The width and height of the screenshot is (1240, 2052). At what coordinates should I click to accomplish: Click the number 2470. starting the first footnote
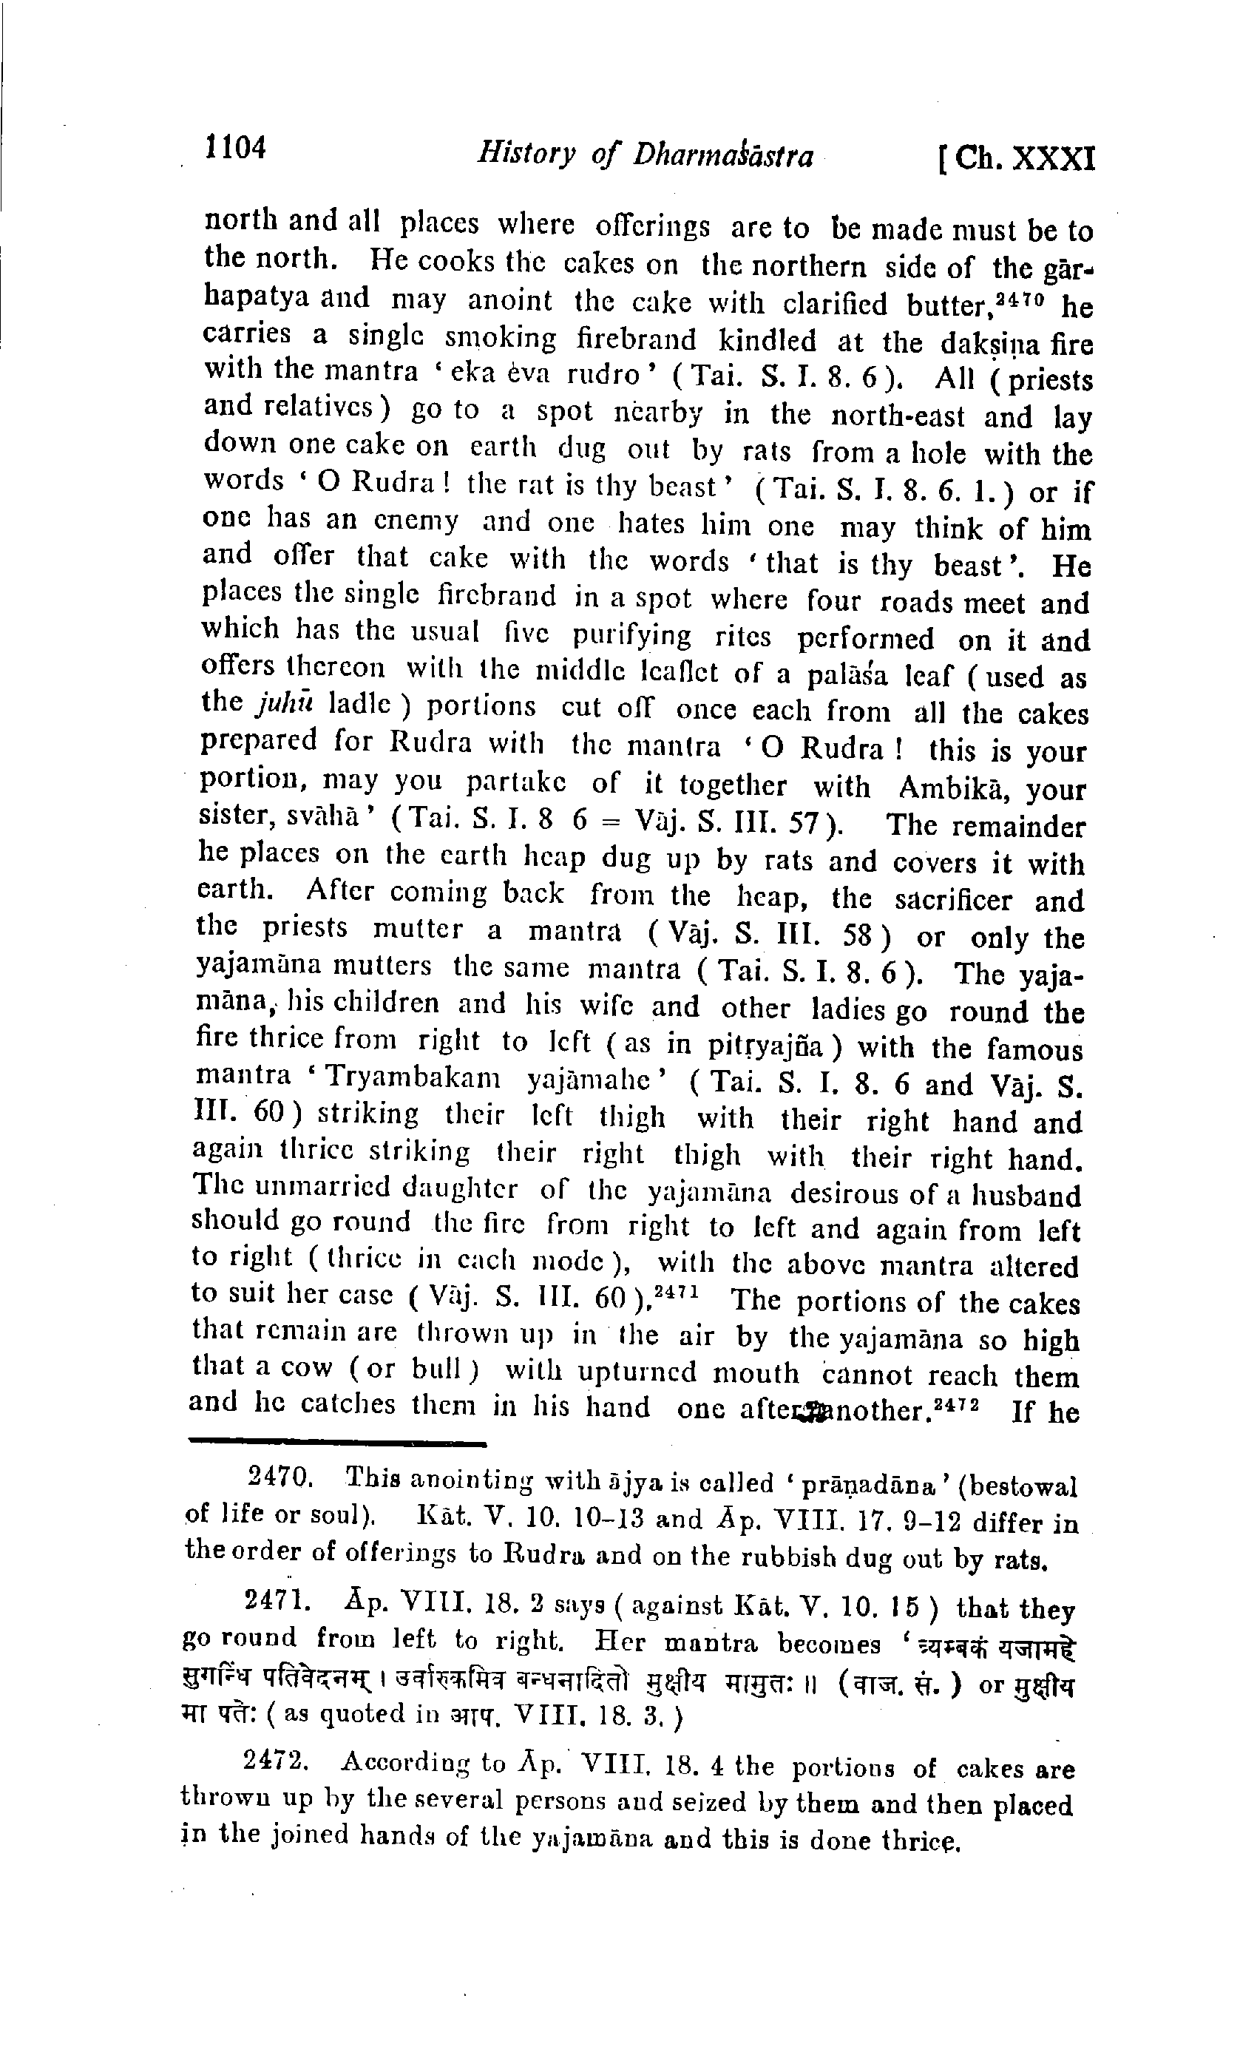tap(281, 1477)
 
